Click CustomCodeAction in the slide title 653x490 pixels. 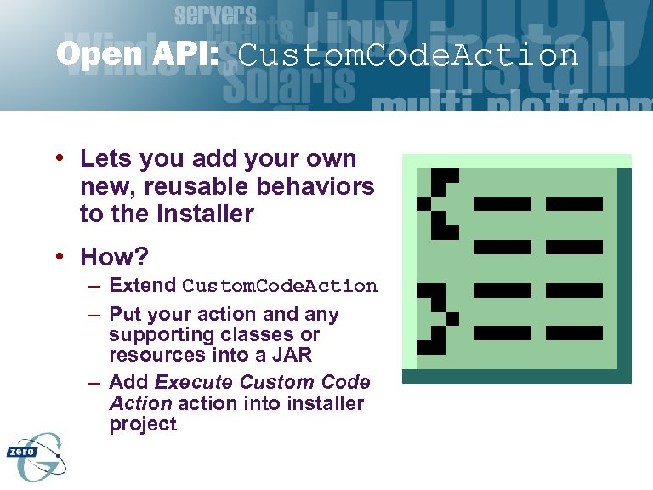408,55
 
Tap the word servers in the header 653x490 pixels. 215,14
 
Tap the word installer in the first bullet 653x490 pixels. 205,214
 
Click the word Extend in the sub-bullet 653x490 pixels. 143,285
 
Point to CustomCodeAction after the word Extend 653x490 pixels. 280,286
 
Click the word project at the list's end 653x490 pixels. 143,424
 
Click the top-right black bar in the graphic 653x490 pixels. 574,204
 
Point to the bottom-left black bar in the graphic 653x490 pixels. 502,333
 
